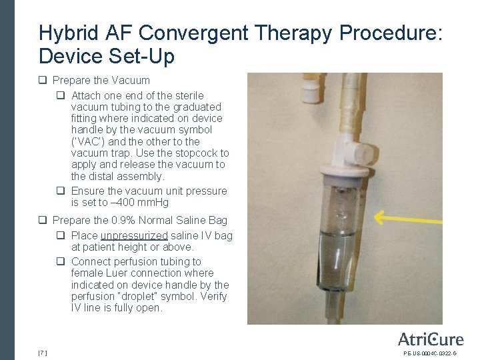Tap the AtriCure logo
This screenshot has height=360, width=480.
coord(430,339)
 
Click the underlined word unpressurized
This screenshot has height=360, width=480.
coord(134,236)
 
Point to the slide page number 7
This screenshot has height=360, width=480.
coord(43,352)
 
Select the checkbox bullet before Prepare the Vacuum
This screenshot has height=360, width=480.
coord(43,81)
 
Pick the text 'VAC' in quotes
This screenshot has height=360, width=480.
coord(86,141)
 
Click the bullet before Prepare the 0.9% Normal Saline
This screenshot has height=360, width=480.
coord(43,221)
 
